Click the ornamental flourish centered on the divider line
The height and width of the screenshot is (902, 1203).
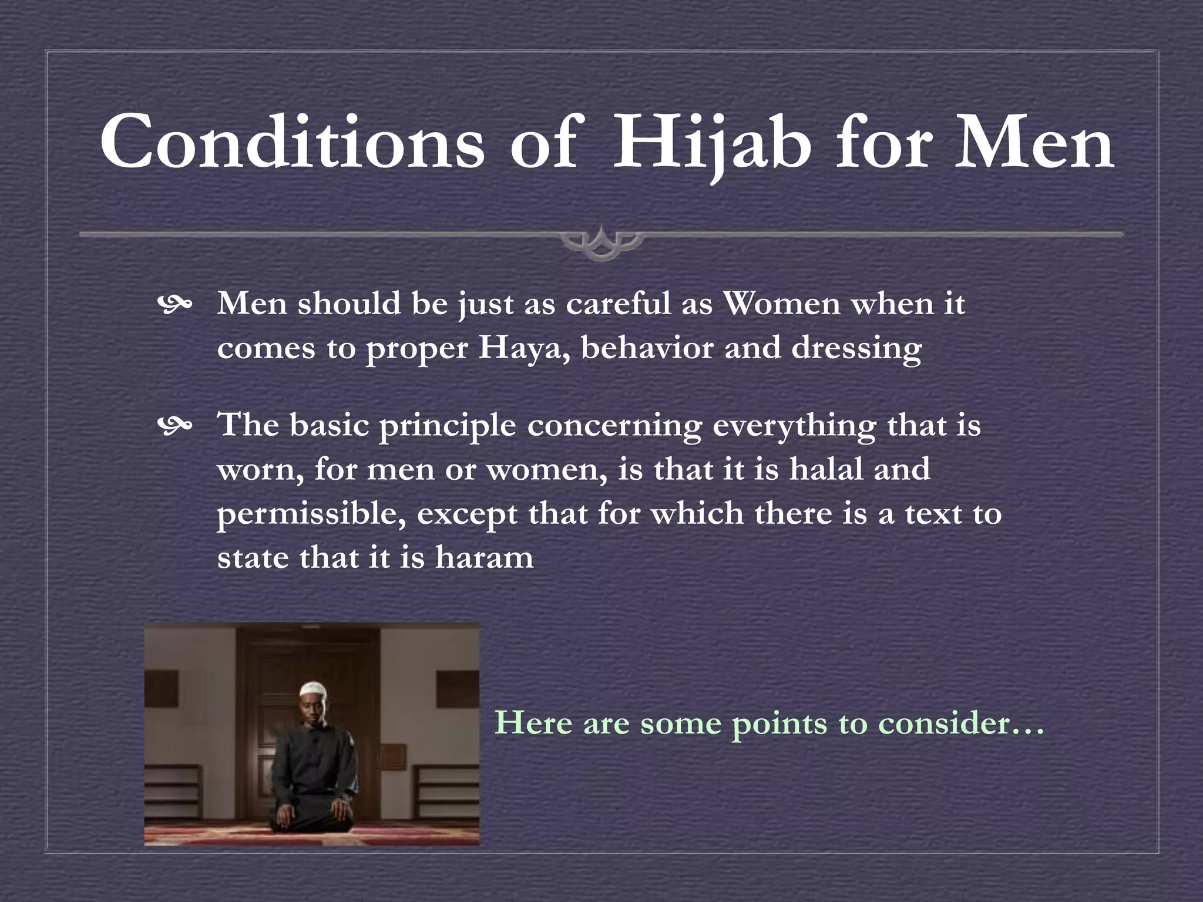[x=601, y=241]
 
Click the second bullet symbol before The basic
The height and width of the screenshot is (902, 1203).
[x=174, y=426]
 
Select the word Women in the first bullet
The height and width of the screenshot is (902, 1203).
[x=781, y=304]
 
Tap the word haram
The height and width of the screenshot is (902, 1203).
[x=484, y=557]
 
